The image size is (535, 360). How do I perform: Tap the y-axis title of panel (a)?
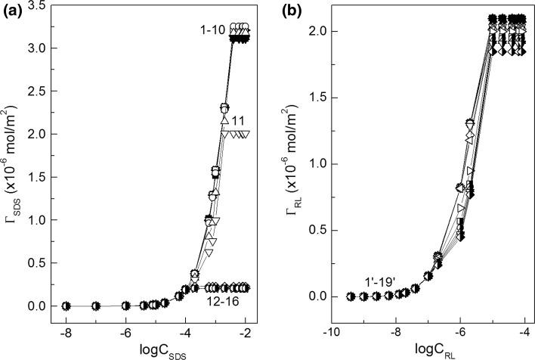pyautogui.click(x=14, y=182)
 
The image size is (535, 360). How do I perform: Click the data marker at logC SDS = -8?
pyautogui.click(x=66, y=306)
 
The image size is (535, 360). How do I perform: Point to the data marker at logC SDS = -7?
pyautogui.click(x=96, y=306)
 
